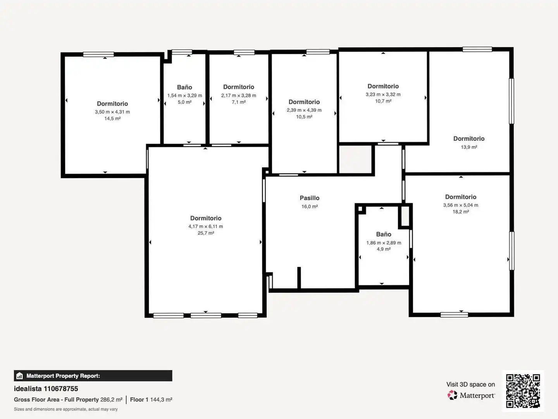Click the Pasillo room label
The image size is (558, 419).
[x=309, y=198]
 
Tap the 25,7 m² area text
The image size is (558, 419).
[x=206, y=233]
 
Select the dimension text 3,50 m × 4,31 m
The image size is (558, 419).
[x=112, y=112]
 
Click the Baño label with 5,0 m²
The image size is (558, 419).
[x=184, y=87]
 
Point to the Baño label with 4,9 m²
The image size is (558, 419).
[x=384, y=234]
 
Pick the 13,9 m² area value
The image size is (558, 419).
[x=469, y=147]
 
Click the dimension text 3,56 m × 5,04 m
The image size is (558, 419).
[x=461, y=205]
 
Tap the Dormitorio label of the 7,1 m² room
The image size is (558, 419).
[x=238, y=87]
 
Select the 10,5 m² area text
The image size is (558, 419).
[x=304, y=117]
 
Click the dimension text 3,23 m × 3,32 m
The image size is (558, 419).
[x=383, y=94]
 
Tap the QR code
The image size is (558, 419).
[x=523, y=391]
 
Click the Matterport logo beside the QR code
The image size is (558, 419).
[x=471, y=395]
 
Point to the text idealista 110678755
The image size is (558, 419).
[x=46, y=389]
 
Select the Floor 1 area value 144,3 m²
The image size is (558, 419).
[x=161, y=400]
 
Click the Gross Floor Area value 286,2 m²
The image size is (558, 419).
[x=111, y=400]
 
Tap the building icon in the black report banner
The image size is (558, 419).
[x=19, y=376]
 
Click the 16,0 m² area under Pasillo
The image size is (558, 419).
[x=309, y=206]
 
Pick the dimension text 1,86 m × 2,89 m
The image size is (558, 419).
[x=384, y=243]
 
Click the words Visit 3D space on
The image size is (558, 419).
[x=470, y=384]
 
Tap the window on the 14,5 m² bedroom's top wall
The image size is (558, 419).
[x=98, y=54]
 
